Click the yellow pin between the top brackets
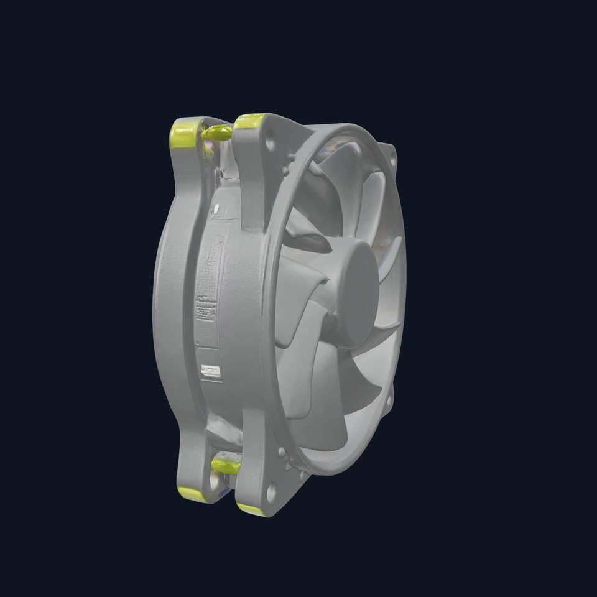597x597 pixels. (x=217, y=131)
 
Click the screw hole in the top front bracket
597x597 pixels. (x=269, y=141)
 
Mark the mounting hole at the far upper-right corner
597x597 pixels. (x=391, y=152)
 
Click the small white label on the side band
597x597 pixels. (x=211, y=371)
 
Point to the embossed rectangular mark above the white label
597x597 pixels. (x=206, y=309)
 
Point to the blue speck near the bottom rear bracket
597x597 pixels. (x=220, y=491)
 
